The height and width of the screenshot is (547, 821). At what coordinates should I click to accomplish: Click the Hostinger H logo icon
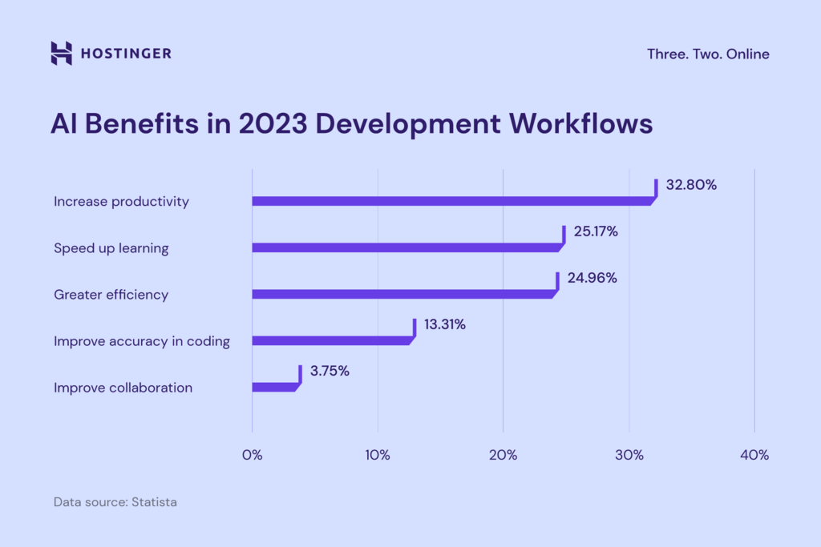[61, 53]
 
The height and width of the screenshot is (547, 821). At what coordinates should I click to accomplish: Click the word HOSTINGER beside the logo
[126, 54]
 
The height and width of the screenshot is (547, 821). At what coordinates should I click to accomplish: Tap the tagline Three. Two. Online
[708, 54]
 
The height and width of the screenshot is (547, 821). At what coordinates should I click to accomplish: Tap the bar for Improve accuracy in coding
[330, 340]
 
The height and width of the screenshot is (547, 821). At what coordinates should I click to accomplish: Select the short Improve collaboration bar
[273, 387]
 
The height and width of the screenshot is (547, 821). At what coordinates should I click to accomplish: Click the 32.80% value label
[691, 185]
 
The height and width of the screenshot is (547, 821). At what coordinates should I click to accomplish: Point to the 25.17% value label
[595, 231]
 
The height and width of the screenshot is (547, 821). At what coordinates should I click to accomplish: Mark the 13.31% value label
[444, 324]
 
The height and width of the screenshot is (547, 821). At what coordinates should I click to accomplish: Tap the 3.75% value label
[330, 371]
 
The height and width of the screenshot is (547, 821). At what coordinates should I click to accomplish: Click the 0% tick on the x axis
[252, 455]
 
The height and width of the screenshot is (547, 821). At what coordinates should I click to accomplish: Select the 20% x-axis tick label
[503, 455]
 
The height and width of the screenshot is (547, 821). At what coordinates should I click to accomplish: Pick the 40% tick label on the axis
[754, 455]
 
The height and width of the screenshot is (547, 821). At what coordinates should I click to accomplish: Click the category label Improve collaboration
[123, 388]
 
